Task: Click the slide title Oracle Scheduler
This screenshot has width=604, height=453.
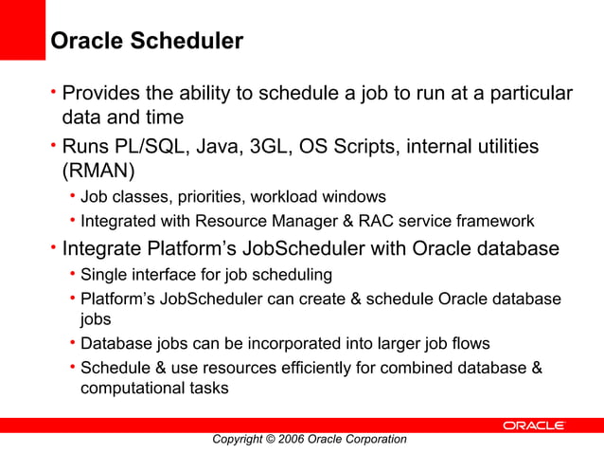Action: pyautogui.click(x=146, y=42)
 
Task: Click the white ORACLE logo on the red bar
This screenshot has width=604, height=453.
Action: pyautogui.click(x=533, y=426)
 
